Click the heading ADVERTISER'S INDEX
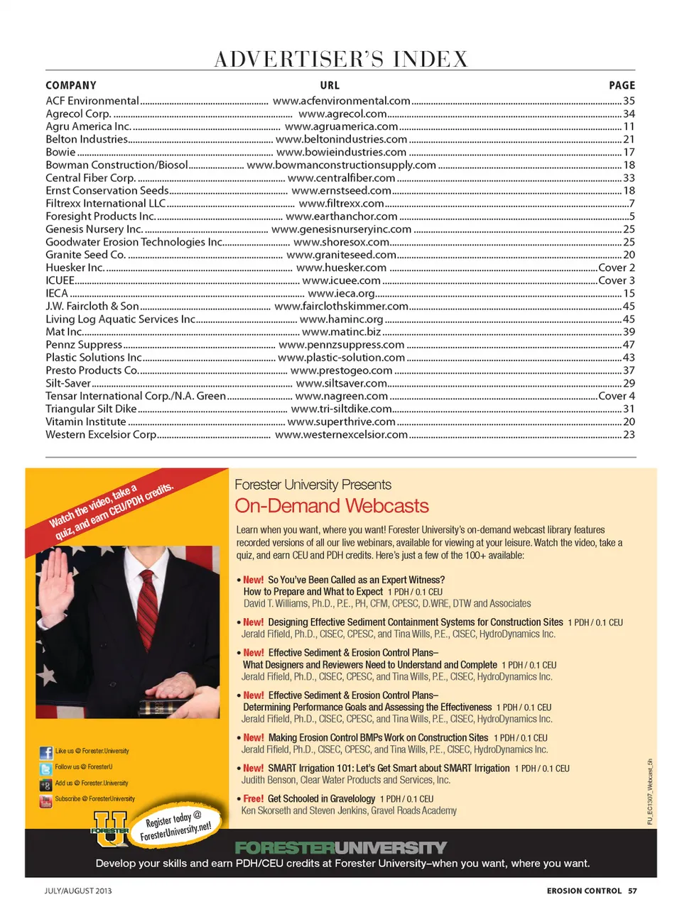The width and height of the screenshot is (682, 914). coord(341,59)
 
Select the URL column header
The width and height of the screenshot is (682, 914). coord(330,85)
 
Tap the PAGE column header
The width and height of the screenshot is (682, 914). coord(622,85)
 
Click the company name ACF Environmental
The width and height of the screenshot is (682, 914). coord(92,101)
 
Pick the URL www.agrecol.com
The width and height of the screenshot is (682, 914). coord(342,114)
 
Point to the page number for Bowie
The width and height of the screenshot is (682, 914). coord(629,152)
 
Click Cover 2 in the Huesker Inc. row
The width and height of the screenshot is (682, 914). coord(617,268)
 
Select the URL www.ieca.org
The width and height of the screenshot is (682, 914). coord(341,293)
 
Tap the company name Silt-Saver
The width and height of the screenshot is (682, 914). coord(68,383)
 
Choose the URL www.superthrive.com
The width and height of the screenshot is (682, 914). coord(341,422)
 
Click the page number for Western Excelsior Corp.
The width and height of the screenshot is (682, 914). coord(629,434)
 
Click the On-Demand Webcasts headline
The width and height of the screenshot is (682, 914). coord(332,506)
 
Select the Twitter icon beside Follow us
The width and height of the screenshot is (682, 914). coord(45,769)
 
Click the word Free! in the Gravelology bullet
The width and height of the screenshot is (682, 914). coord(253,798)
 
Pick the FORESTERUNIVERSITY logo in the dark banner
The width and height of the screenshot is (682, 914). coord(341,847)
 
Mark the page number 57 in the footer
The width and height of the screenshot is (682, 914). coord(632,891)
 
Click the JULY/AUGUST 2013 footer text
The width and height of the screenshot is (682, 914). coord(78,891)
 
